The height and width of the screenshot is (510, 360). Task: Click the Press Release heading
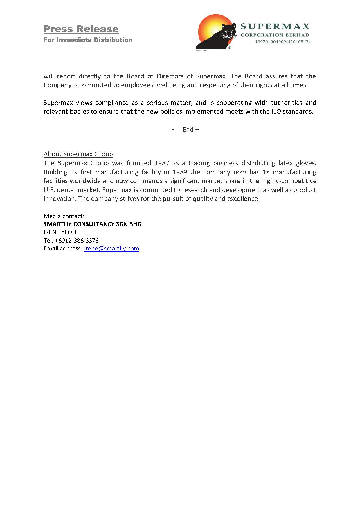pos(81,29)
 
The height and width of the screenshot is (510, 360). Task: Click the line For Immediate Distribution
pos(88,40)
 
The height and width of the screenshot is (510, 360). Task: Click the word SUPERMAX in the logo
pos(275,26)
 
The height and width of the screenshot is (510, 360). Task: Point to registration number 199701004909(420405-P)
pos(282,42)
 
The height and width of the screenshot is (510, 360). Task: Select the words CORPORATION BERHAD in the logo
pos(275,35)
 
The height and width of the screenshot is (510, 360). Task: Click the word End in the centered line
pos(188,130)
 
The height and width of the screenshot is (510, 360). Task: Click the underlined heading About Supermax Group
pos(78,154)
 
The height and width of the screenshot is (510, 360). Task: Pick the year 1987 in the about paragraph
pos(162,163)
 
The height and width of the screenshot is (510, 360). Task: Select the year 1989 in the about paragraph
pos(180,172)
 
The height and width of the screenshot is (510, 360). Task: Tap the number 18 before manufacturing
pos(266,172)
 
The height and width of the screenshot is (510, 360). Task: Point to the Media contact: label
pos(64,216)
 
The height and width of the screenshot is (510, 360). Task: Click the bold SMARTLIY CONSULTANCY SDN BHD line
pos(92,224)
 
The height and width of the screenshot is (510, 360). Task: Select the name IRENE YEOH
pos(60,232)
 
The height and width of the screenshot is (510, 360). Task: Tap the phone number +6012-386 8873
pos(77,241)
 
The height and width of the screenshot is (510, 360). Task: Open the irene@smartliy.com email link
pos(111,249)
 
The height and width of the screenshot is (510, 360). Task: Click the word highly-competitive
pos(289,181)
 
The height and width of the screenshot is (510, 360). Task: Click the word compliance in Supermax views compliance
pos(112,103)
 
